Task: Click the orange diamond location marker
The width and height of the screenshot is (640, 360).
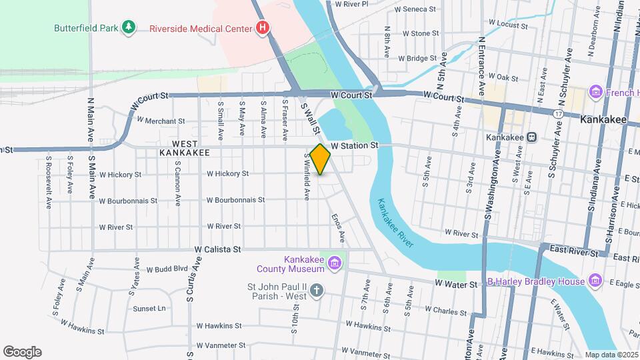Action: coord(321,159)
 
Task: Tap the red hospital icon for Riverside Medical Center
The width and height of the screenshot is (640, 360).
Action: coord(263,28)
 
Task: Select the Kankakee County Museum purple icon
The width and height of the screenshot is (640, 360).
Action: coord(335,265)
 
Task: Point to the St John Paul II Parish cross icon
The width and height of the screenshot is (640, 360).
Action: coord(317,290)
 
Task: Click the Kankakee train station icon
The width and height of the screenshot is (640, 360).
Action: coord(532,137)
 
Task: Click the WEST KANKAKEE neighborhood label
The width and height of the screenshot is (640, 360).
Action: coord(185,148)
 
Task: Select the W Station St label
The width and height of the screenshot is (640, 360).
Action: coord(355,145)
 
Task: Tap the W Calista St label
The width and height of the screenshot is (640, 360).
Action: coord(217,249)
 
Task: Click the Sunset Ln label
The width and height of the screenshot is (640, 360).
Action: coord(149,309)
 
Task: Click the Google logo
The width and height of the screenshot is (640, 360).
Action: coord(22,352)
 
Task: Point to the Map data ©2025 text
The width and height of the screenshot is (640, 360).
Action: coord(611,355)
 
